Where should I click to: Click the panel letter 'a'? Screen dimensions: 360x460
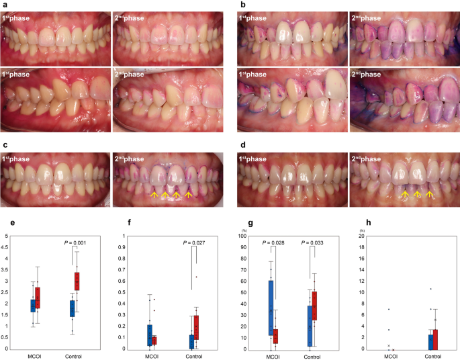3,4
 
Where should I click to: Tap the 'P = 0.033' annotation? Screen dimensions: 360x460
315,244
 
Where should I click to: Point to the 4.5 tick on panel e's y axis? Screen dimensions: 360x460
7,247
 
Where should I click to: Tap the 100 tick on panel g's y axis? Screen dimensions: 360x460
244,236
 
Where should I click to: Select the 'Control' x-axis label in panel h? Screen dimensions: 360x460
431,356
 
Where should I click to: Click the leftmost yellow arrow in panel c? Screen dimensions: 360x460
154,195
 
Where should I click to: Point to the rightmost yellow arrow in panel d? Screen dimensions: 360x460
430,195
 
